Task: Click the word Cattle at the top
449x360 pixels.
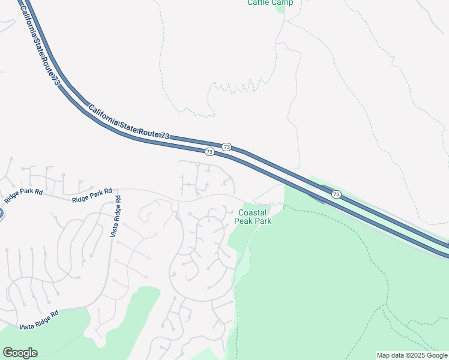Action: click(x=259, y=2)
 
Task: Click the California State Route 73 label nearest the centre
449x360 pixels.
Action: click(x=129, y=123)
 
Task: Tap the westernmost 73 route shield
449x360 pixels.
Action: click(x=209, y=152)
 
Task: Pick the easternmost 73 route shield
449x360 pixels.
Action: click(x=336, y=194)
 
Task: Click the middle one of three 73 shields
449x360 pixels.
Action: click(x=226, y=146)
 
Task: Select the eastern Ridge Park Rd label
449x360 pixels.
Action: click(x=92, y=195)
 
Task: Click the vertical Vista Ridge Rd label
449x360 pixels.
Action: click(x=115, y=216)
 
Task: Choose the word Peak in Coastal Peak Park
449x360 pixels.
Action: click(x=244, y=221)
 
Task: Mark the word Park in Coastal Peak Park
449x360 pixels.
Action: click(x=263, y=221)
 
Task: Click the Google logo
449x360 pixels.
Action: click(x=20, y=353)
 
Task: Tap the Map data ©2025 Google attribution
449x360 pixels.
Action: click(x=412, y=355)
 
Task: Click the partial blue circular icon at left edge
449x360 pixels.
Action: click(x=1, y=213)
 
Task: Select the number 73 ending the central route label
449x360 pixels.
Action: click(x=164, y=137)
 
